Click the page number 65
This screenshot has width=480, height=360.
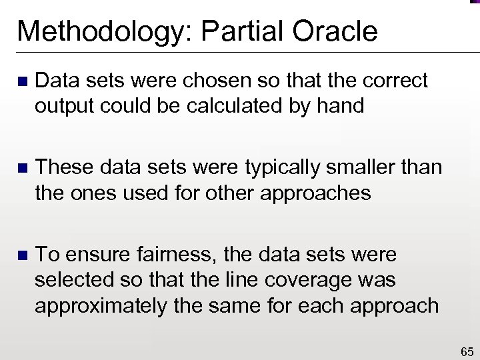[467, 351]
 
